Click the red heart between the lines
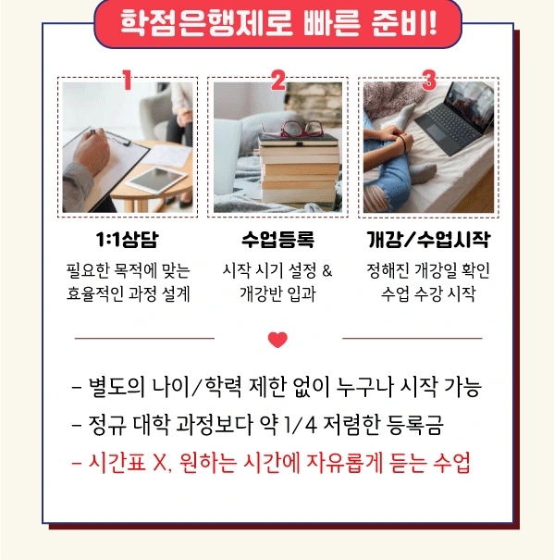pyautogui.click(x=277, y=340)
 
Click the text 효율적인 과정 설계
pyautogui.click(x=127, y=295)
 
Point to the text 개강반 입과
pyautogui.click(x=277, y=295)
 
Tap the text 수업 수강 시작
pyautogui.click(x=428, y=295)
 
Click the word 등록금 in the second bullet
pyautogui.click(x=420, y=425)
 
